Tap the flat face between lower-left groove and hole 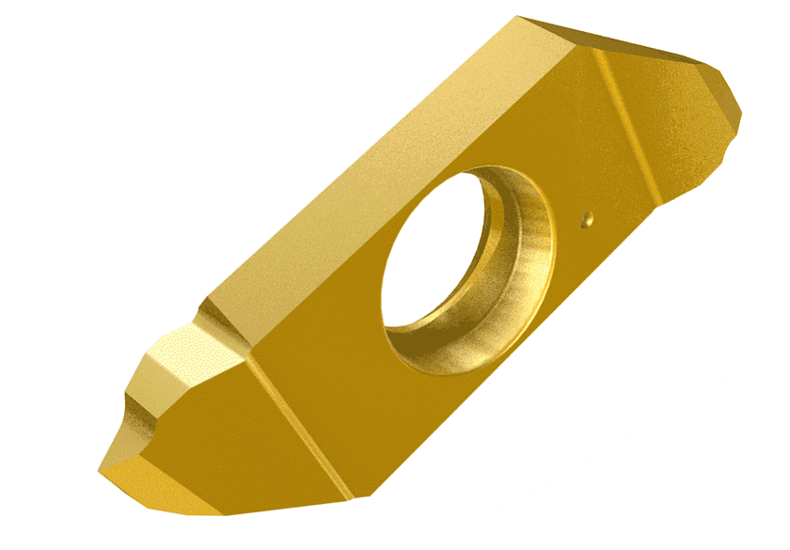click(x=339, y=357)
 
